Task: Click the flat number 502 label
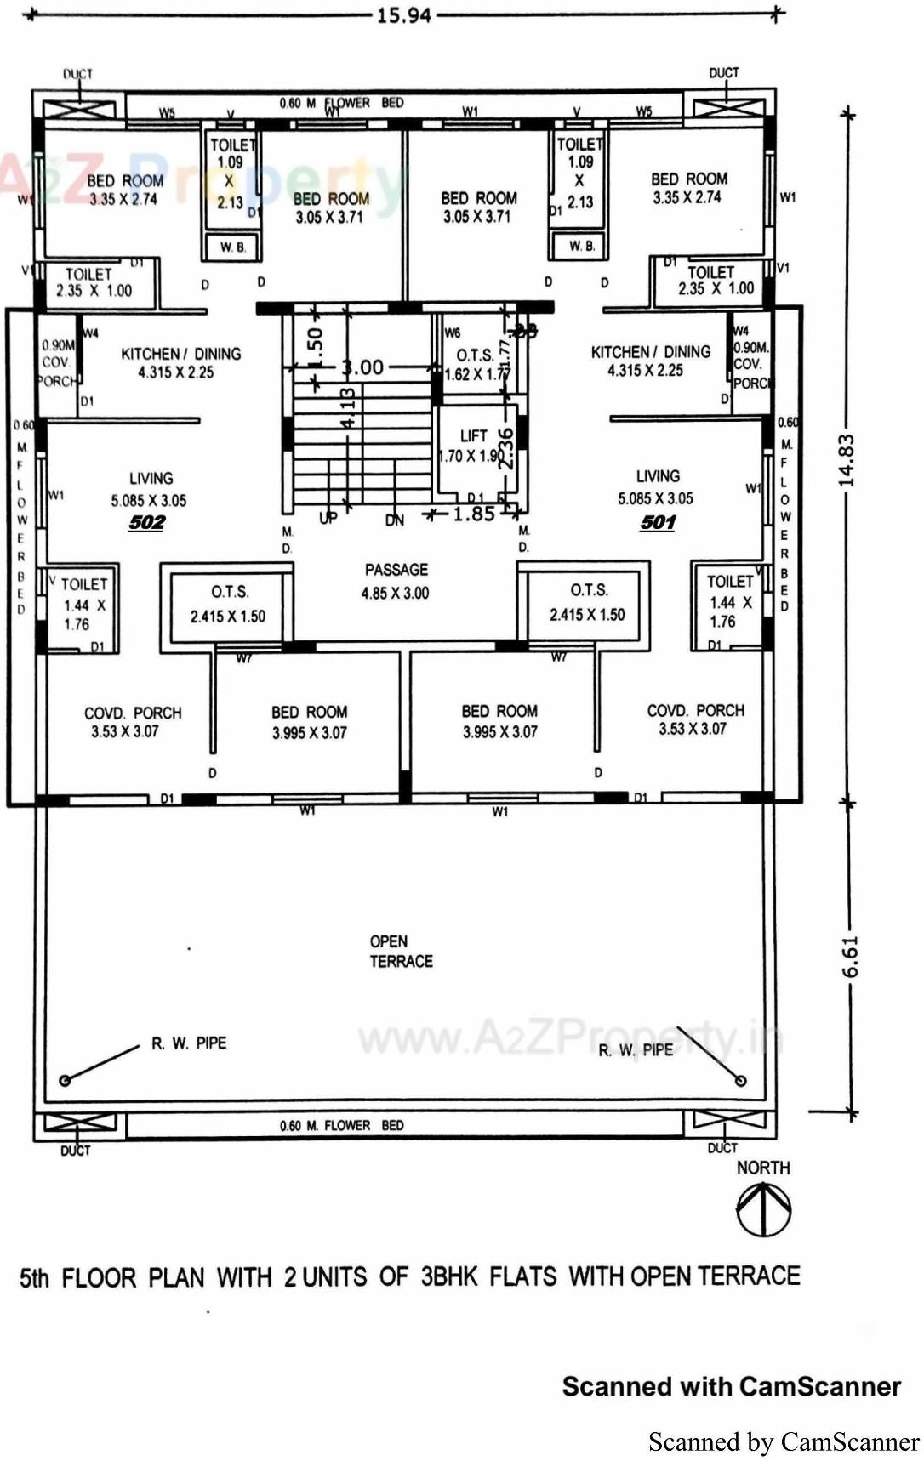pos(146,522)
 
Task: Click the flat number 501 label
pos(658,521)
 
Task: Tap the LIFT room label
pos(473,435)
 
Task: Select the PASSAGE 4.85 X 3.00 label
pos(396,581)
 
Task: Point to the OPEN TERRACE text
pos(401,951)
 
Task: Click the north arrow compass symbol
pos(763,1210)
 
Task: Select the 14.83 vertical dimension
pos(846,460)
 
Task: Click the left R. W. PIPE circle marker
pos(65,1080)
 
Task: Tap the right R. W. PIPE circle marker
pos(740,1080)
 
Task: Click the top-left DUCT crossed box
pos(79,109)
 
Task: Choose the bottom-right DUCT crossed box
pos(723,1122)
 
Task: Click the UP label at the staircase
pos(328,518)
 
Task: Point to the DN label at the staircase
pos(395,520)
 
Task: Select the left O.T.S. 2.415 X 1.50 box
pos(227,604)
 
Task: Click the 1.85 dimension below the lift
pos(473,514)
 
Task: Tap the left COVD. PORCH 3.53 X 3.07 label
pos(132,721)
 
